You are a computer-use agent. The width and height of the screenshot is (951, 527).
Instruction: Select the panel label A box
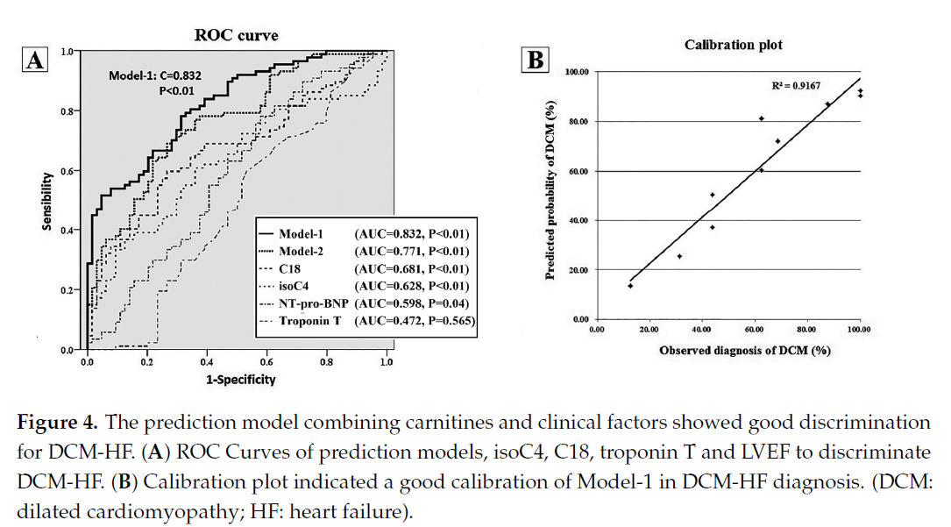pyautogui.click(x=35, y=61)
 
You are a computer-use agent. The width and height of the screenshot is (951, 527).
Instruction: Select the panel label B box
pyautogui.click(x=534, y=61)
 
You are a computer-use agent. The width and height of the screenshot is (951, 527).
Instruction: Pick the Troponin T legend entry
pyautogui.click(x=305, y=322)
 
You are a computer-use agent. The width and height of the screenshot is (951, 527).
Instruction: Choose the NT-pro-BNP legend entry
pyautogui.click(x=309, y=303)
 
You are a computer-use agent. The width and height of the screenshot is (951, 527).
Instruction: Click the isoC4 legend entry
pyautogui.click(x=297, y=286)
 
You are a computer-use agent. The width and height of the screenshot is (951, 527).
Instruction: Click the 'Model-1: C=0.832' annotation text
pyautogui.click(x=155, y=76)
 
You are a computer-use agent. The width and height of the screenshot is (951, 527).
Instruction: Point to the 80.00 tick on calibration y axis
pyautogui.click(x=577, y=121)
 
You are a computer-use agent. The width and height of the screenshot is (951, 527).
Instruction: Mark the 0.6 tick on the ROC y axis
pyautogui.click(x=68, y=171)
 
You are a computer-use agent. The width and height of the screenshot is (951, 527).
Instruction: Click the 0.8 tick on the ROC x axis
pyautogui.click(x=326, y=360)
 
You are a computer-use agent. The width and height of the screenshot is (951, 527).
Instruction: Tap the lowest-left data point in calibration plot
pyautogui.click(x=629, y=286)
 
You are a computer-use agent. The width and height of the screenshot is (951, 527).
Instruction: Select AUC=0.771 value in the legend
pyautogui.click(x=413, y=251)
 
